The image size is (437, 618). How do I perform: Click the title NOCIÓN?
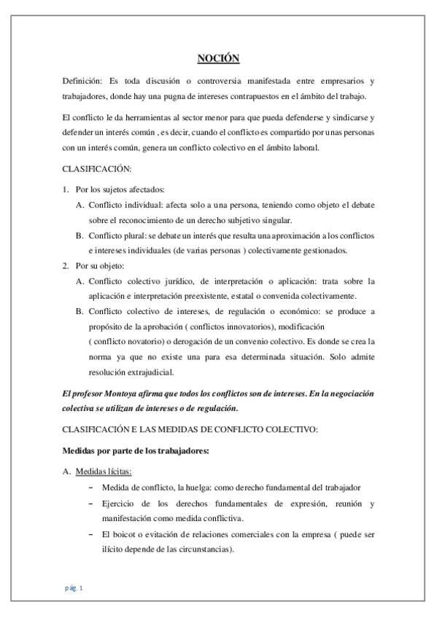(219, 58)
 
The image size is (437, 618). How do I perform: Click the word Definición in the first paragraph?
(80, 81)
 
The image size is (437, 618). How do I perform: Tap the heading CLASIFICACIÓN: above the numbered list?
(97, 169)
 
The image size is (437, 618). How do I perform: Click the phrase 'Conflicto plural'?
(117, 235)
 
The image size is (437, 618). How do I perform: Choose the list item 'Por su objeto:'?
(100, 265)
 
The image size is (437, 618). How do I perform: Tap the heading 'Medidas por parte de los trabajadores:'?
(136, 450)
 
